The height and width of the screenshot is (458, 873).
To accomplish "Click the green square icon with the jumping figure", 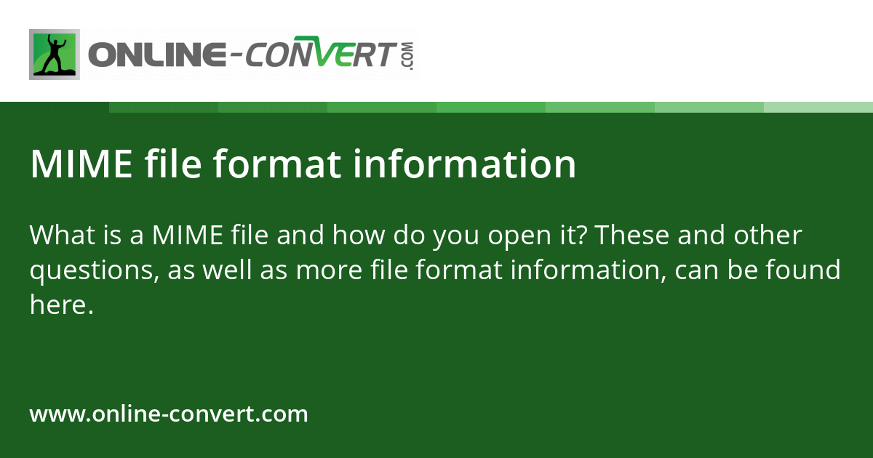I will click(x=55, y=55).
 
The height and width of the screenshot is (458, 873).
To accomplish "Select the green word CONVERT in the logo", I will click(x=319, y=55).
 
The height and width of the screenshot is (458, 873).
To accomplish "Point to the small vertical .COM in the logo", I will click(x=407, y=55).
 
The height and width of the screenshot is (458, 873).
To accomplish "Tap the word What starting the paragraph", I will click(x=60, y=236).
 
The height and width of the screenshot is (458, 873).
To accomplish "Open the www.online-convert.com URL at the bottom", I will click(x=169, y=414).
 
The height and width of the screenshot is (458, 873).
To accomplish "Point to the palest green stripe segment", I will click(x=818, y=107).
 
